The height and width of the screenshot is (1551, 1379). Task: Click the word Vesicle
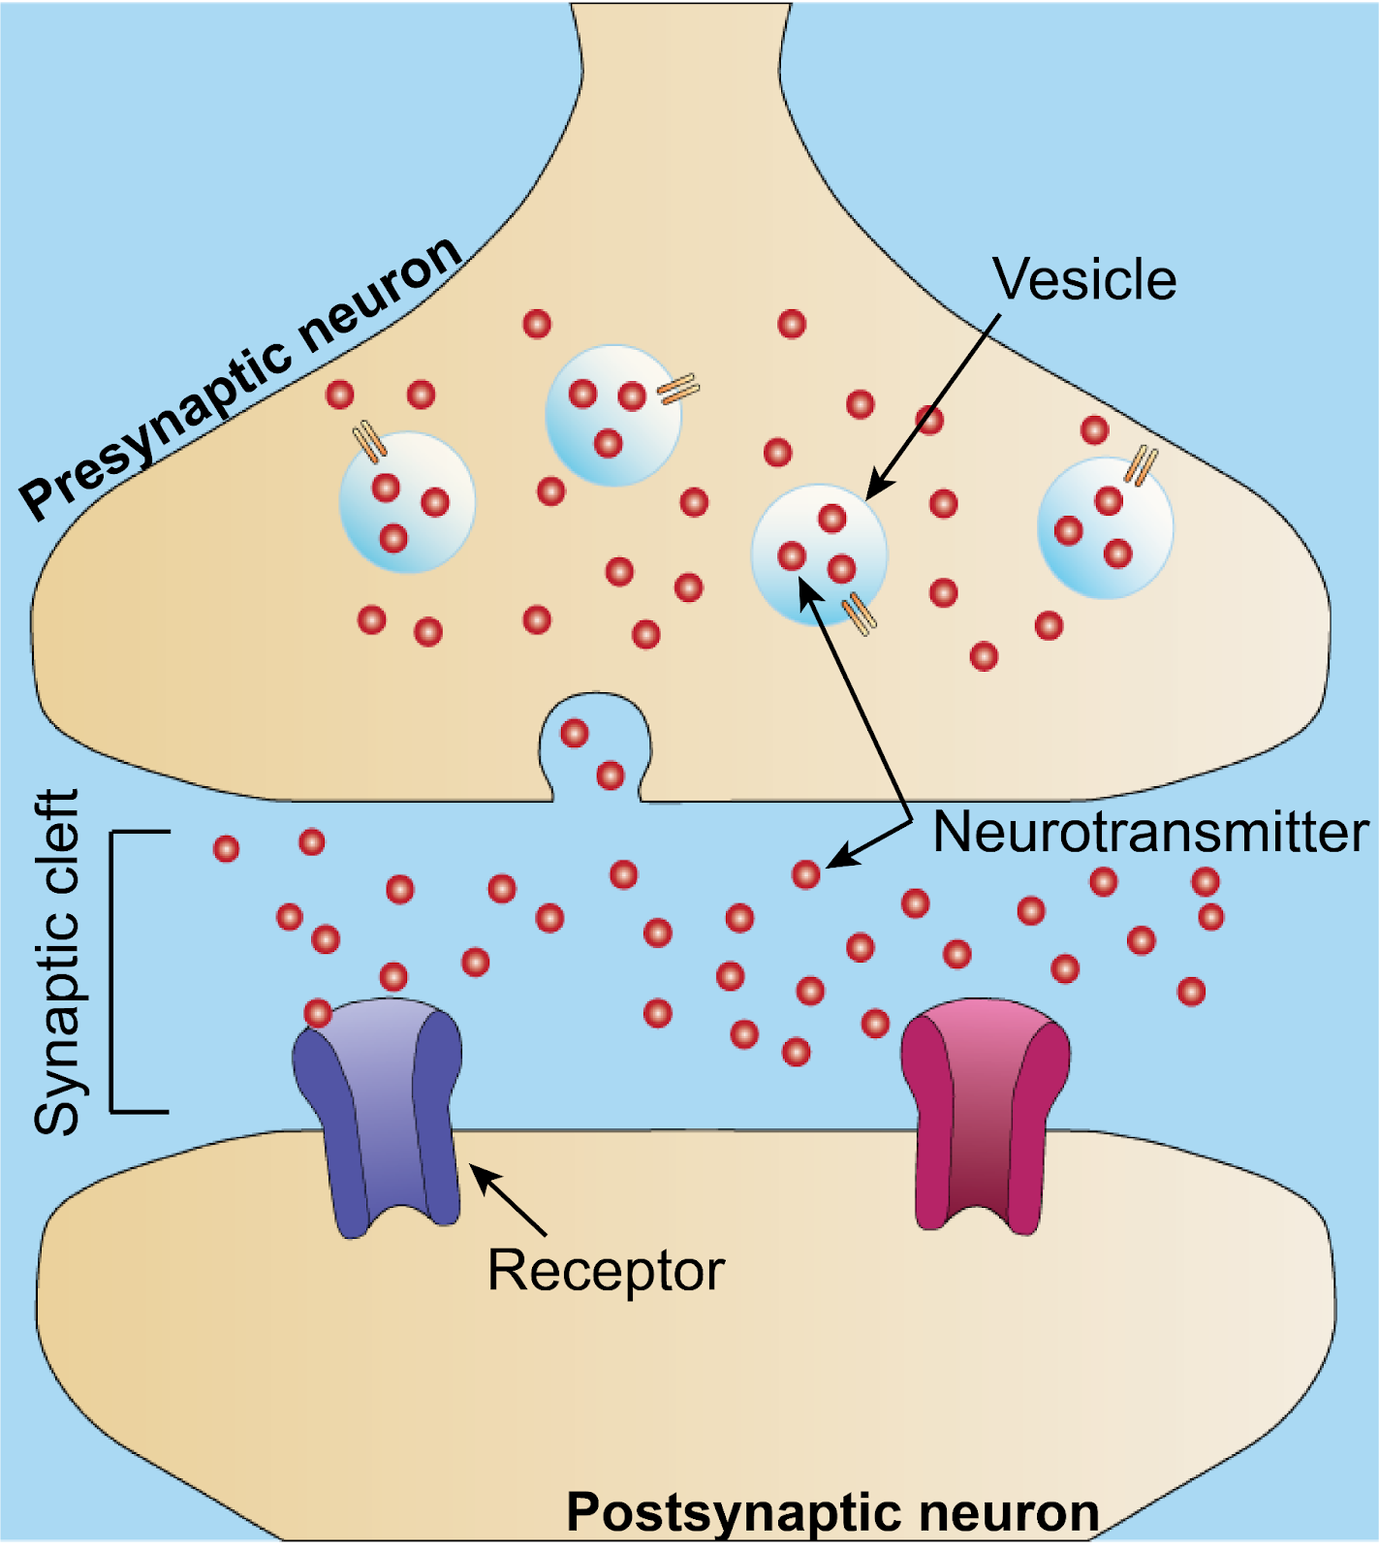tap(1084, 281)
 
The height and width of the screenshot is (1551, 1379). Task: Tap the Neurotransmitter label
tap(1149, 833)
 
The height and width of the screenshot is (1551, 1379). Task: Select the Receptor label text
tap(606, 1270)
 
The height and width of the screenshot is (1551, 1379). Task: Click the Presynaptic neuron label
tap(242, 378)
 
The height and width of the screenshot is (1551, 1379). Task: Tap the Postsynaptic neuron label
tap(832, 1512)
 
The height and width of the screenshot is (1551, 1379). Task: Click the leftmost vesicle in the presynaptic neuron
tap(407, 502)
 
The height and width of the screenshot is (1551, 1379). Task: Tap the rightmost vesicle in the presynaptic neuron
tap(1105, 528)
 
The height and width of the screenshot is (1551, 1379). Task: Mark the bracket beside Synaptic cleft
tap(114, 969)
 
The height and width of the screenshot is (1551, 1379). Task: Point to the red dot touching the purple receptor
tap(318, 1014)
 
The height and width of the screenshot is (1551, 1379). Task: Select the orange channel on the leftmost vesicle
tap(369, 442)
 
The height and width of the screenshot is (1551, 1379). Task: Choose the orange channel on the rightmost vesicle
tap(1144, 465)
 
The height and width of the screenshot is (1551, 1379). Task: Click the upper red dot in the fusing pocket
tap(575, 733)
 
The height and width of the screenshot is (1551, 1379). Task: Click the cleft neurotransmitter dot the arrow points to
tap(805, 875)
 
